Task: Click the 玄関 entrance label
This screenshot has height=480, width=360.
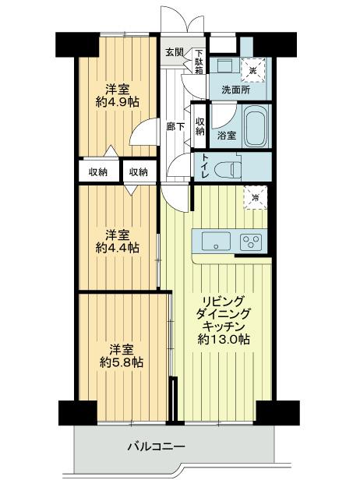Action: [x=174, y=53]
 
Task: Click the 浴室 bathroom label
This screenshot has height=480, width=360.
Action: [x=226, y=135]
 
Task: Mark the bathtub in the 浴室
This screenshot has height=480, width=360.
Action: [x=256, y=125]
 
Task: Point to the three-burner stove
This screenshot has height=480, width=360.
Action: [x=252, y=241]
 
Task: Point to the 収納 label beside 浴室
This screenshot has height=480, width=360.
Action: [x=200, y=125]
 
